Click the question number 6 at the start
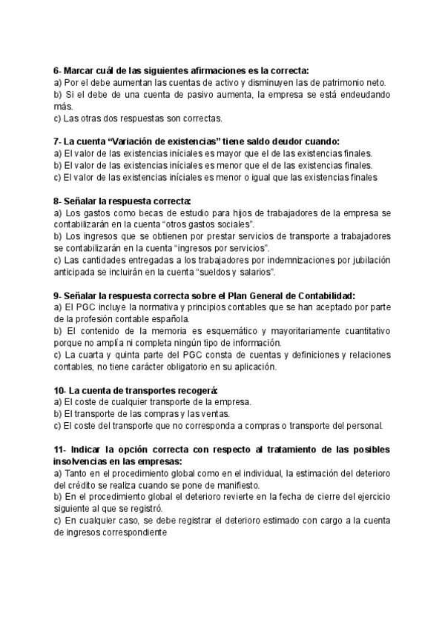coord(57,70)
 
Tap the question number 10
coord(59,390)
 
